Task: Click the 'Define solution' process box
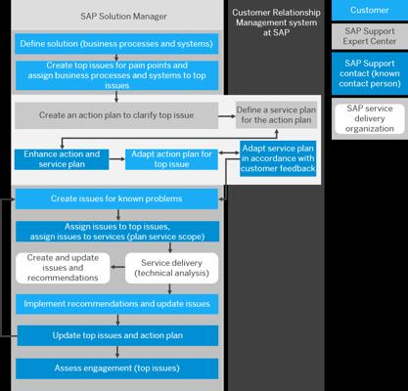[x=116, y=44]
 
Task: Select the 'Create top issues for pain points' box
[x=116, y=75]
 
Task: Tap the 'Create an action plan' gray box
[x=116, y=115]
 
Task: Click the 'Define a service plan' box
[x=276, y=115]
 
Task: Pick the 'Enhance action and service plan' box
[x=62, y=159]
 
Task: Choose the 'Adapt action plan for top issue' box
[x=171, y=159]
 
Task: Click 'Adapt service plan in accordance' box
[x=278, y=158]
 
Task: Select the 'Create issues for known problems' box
[x=116, y=198]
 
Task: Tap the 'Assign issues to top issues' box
[x=117, y=232]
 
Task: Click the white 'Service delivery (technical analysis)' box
[x=171, y=268]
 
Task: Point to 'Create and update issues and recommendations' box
[x=63, y=268]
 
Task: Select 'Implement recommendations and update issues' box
[x=116, y=304]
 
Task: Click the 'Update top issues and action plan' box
[x=117, y=335]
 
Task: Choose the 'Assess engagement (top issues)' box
[x=116, y=369]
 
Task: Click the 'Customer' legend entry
[x=370, y=10]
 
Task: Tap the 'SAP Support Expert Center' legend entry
[x=370, y=36]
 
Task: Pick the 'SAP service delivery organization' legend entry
[x=370, y=118]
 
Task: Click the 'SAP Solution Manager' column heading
[x=123, y=17]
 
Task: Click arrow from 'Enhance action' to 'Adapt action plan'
[x=117, y=159]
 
